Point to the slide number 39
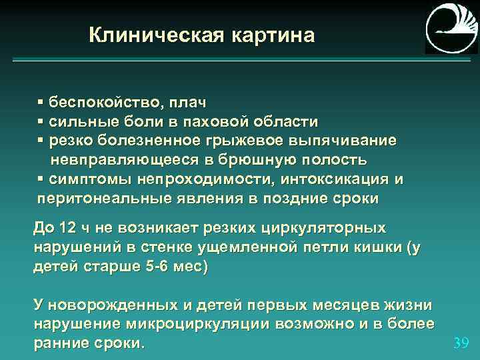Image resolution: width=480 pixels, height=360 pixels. pos(461,343)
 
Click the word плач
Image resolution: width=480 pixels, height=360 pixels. pos(187,103)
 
